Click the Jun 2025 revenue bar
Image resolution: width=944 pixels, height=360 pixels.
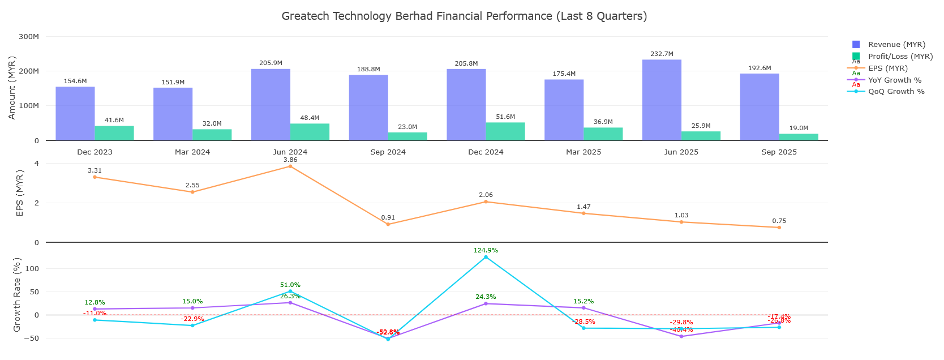tap(662, 100)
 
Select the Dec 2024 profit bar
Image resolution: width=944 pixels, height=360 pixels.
tap(505, 131)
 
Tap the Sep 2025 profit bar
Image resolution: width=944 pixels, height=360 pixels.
tap(799, 137)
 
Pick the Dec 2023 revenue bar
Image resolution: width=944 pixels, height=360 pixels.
tap(75, 113)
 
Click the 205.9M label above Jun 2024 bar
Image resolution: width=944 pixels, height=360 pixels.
tap(271, 63)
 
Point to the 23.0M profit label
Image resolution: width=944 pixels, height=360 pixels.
tap(407, 127)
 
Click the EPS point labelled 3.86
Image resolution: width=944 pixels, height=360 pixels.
tap(290, 166)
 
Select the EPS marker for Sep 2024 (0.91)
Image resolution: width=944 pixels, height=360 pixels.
tap(388, 225)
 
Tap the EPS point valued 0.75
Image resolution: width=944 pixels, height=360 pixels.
tap(779, 228)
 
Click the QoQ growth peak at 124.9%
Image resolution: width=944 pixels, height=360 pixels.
tap(486, 257)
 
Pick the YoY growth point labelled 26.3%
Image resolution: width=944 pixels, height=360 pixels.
tap(290, 303)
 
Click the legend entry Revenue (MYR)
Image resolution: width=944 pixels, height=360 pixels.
tap(896, 45)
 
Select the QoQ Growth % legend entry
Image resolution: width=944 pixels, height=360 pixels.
tap(896, 92)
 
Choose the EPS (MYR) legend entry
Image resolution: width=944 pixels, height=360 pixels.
tap(887, 68)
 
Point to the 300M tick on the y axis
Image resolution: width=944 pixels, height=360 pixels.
tap(29, 37)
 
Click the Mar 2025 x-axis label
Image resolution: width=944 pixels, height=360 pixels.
tap(583, 152)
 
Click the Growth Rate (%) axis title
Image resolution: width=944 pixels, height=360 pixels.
tap(17, 294)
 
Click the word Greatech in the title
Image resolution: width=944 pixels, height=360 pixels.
tap(305, 16)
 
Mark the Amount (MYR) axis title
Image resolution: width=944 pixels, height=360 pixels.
tap(12, 88)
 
